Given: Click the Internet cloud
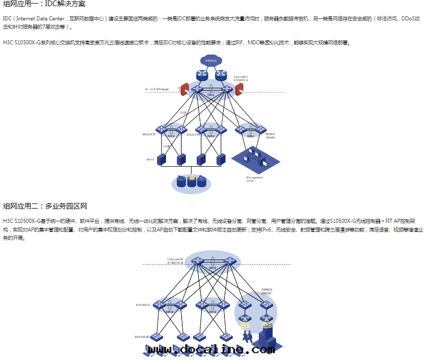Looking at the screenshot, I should pyautogui.click(x=210, y=61).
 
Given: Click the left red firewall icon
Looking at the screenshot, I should pyautogui.click(x=185, y=88).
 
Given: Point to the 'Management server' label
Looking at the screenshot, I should pyautogui.click(x=254, y=178).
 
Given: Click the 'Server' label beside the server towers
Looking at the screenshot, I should pyautogui.click(x=150, y=160).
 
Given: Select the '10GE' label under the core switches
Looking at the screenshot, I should pyautogui.click(x=183, y=113).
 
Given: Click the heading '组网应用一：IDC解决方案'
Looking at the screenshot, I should pyautogui.click(x=44, y=4).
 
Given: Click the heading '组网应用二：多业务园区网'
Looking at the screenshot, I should pyautogui.click(x=45, y=207).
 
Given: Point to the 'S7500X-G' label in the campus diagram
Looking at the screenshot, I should pyautogui.click(x=143, y=304).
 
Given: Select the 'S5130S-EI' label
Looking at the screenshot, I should pyautogui.click(x=143, y=337).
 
